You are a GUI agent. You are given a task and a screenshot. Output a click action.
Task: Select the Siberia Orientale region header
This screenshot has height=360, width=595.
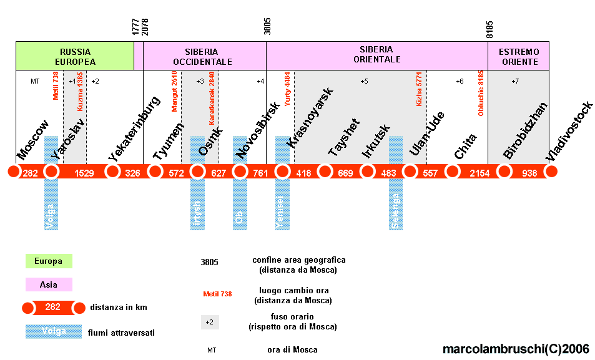tap(376, 55)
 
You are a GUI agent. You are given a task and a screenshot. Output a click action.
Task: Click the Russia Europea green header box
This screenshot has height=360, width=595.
tap(74, 56)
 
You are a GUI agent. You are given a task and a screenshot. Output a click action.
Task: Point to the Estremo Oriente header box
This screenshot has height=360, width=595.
tap(518, 56)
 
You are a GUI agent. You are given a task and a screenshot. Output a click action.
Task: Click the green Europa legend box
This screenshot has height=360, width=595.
tap(49, 261)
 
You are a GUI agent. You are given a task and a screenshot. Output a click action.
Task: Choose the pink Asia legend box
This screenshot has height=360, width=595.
tap(49, 285)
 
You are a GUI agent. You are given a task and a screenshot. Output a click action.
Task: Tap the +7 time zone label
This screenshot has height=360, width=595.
tap(515, 81)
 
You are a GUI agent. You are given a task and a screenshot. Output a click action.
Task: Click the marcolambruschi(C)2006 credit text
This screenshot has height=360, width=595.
tap(516, 349)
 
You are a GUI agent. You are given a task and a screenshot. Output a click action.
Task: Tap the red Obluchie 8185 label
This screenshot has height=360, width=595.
tap(481, 93)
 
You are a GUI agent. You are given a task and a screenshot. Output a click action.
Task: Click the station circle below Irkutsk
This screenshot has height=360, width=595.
tap(367, 171)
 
